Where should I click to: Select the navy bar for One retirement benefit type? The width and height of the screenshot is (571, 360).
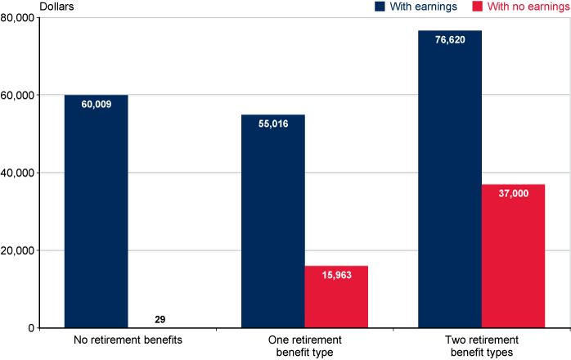(x=272, y=221)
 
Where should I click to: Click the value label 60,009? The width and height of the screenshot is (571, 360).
(x=96, y=105)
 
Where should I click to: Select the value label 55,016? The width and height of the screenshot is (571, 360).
(x=272, y=124)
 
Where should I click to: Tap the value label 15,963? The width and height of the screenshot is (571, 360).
(x=336, y=276)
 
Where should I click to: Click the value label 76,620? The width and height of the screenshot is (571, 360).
(x=450, y=40)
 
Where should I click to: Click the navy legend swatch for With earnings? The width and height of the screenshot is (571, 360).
(x=380, y=7)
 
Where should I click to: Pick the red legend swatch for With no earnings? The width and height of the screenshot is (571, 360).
(x=477, y=7)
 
